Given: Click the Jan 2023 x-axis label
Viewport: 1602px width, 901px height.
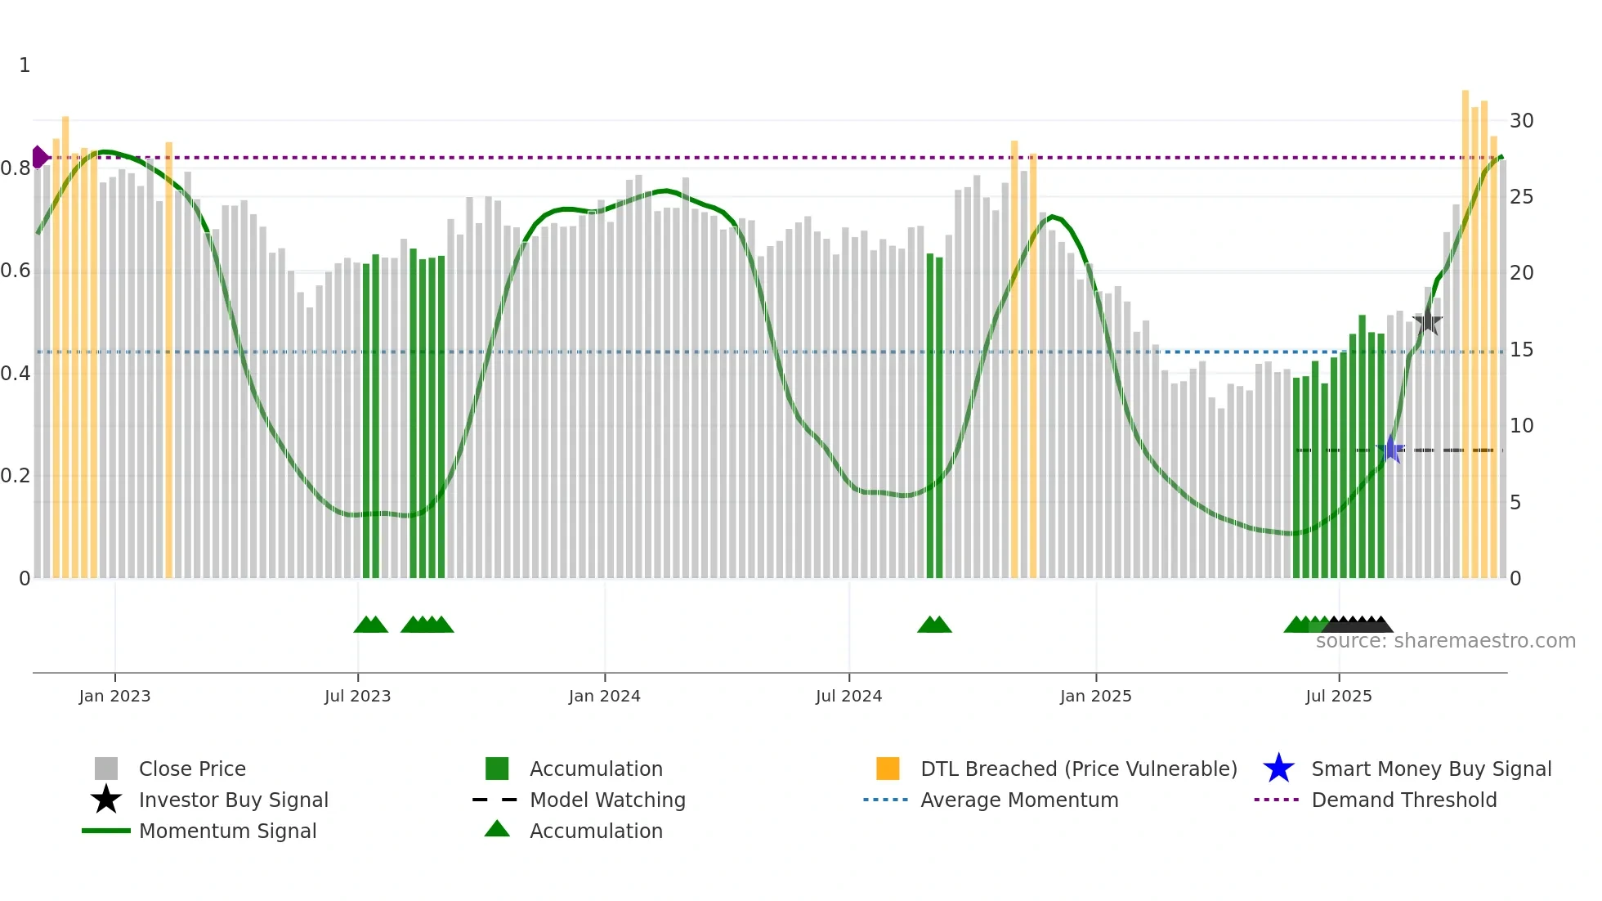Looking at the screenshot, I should [114, 696].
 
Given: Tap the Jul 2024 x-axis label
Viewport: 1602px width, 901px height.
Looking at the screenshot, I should [848, 696].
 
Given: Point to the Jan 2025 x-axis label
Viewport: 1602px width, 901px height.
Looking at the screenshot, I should [1095, 696].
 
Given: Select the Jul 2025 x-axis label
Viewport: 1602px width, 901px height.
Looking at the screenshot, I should [1338, 696].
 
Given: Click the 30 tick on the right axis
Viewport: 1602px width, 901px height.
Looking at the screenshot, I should [1521, 121].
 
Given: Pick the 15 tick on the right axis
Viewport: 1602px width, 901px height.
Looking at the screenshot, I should [1521, 350].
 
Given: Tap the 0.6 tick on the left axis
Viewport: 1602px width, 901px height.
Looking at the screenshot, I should [16, 271].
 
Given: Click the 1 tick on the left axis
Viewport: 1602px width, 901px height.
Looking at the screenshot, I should [25, 65].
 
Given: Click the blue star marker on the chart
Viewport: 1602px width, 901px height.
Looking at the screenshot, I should [1390, 450].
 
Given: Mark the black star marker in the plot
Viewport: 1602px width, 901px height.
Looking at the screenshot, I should [1427, 321].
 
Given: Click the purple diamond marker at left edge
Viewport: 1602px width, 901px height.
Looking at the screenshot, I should [39, 157].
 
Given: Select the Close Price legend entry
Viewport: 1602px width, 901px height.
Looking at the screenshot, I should [191, 769].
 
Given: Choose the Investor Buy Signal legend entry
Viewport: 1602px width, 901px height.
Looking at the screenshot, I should [233, 800].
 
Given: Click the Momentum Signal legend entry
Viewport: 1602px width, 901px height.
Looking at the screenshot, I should [227, 831].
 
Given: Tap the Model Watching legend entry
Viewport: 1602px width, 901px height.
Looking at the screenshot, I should [607, 800].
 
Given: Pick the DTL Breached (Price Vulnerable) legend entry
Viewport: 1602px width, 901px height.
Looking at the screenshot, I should [1078, 769].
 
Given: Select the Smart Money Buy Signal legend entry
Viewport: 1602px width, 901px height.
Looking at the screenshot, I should [1430, 769].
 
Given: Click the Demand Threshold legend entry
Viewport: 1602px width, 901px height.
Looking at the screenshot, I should [1403, 800].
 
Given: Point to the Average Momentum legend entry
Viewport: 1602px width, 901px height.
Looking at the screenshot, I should [1018, 800].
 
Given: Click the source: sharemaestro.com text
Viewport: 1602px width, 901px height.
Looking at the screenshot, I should [1445, 641].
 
